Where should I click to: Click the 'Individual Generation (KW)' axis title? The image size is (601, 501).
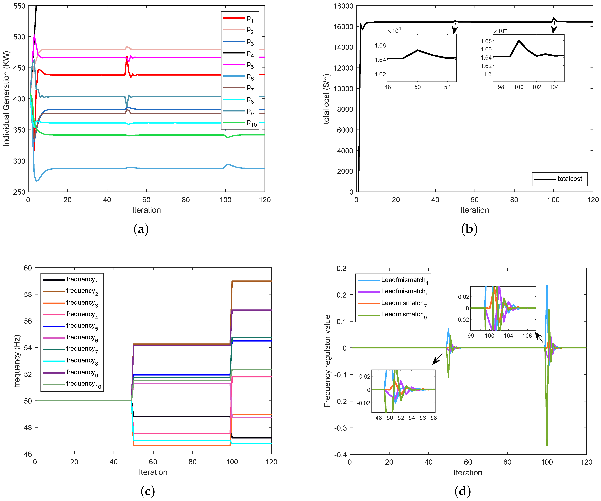tap(6, 99)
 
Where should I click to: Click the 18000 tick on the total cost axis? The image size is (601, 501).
tap(343, 6)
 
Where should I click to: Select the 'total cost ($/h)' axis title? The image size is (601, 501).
tap(326, 99)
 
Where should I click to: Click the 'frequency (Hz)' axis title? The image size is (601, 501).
tap(17, 361)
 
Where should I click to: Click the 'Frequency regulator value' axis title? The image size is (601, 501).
tap(327, 361)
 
